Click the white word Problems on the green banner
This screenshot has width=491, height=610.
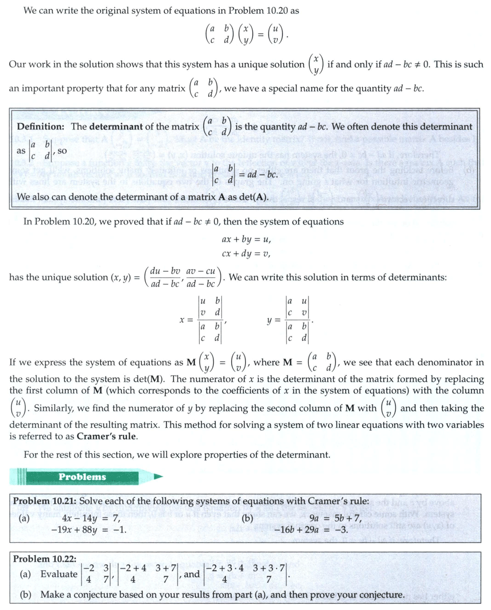click(82, 477)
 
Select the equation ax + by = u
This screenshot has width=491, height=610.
click(246, 239)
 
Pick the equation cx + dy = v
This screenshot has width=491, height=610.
click(246, 253)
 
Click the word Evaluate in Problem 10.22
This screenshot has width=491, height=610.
click(59, 574)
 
